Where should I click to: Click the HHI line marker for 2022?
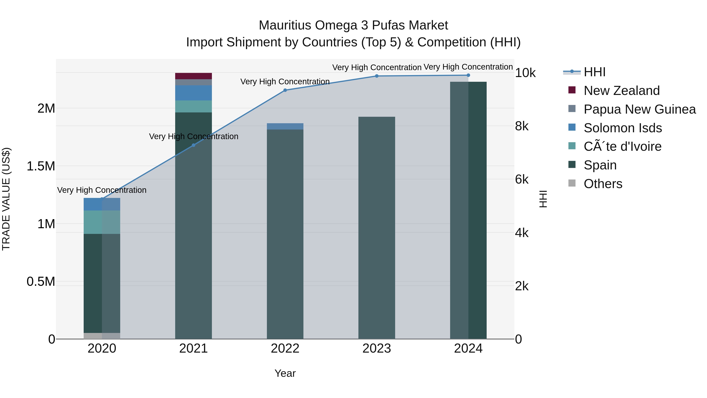pos(285,90)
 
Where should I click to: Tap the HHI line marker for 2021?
pos(193,145)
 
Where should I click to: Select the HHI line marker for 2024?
pos(468,75)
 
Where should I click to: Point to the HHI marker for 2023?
pos(376,76)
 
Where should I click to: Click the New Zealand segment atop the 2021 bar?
pos(193,76)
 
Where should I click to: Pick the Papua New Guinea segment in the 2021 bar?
pos(193,82)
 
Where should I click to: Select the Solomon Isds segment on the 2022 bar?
pos(285,126)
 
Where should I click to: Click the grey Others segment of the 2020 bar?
pos(102,336)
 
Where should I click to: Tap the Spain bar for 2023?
pos(376,228)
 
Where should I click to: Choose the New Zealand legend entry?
pos(621,91)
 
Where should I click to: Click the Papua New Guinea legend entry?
pos(639,109)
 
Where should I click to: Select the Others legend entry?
pos(603,184)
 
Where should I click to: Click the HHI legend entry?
pos(594,72)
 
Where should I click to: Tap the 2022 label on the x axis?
pos(285,348)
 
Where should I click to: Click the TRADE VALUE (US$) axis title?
pos(6,199)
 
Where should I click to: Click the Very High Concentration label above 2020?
pos(102,190)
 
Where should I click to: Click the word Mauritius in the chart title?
pos(285,25)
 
